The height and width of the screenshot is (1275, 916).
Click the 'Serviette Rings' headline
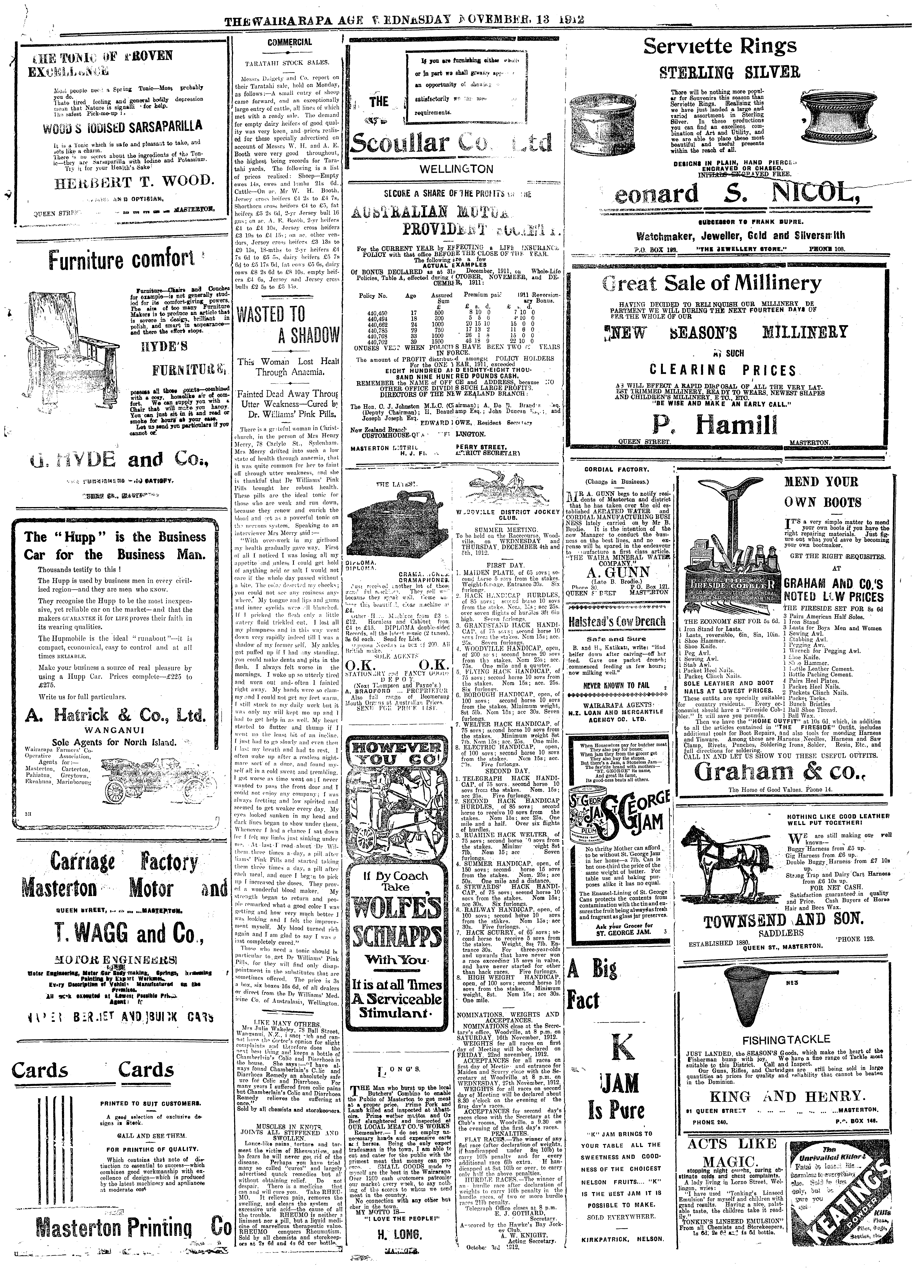(721, 46)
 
